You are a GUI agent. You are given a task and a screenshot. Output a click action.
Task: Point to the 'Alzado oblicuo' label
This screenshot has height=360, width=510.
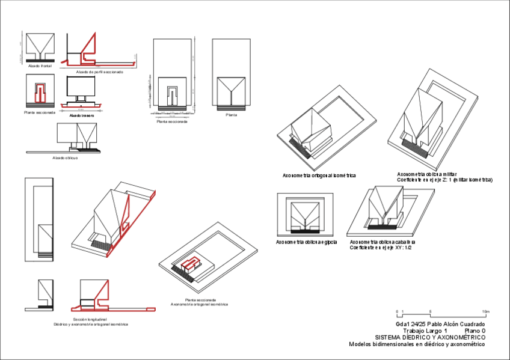(x=65, y=157)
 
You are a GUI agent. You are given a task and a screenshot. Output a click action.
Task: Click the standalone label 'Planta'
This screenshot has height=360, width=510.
(x=231, y=115)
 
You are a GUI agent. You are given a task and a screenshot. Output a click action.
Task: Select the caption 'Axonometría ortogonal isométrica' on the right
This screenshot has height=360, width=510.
(x=319, y=175)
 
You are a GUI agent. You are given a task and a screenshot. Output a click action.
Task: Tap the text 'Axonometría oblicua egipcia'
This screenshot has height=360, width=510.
(x=306, y=242)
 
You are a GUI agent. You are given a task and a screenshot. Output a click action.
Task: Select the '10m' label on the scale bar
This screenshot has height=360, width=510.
(x=486, y=311)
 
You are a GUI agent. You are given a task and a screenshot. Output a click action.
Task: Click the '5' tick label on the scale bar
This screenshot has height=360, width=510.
(x=430, y=311)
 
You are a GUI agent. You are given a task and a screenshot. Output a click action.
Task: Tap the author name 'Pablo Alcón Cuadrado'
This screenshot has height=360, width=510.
(x=455, y=324)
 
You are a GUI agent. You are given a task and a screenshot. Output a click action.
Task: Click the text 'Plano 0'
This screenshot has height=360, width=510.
(x=475, y=331)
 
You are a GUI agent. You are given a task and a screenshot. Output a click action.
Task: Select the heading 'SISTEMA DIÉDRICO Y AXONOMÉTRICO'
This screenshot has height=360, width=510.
(x=430, y=337)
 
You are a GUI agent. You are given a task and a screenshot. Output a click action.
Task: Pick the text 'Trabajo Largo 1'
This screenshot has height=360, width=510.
(x=425, y=331)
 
